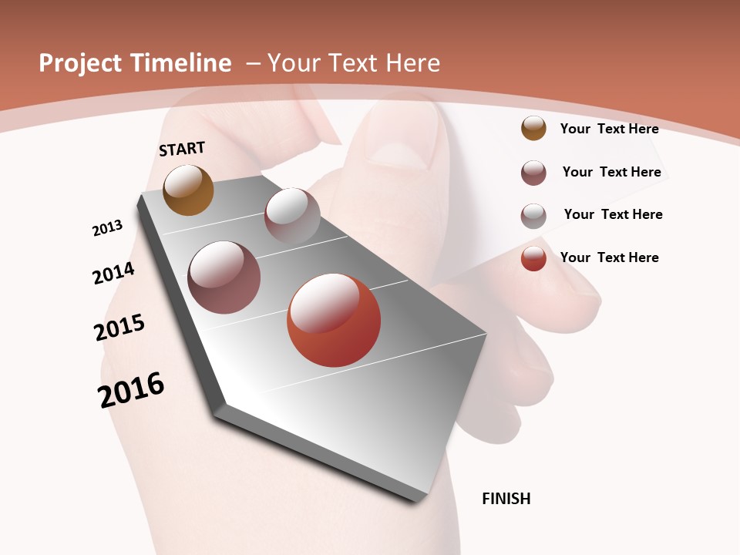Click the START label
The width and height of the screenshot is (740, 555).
[182, 149]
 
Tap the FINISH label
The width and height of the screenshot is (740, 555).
[506, 499]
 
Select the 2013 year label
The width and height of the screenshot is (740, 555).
[108, 228]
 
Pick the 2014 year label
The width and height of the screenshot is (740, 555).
[114, 274]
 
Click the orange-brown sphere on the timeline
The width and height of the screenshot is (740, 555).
[188, 190]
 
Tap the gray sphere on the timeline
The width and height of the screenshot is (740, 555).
[292, 216]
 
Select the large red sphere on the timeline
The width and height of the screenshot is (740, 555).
[334, 320]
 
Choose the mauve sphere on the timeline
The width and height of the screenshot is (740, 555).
[224, 277]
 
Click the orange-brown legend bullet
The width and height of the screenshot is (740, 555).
[533, 128]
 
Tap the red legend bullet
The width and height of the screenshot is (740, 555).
[533, 258]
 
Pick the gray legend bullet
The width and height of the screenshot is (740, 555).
[533, 216]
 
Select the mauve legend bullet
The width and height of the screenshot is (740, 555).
[533, 173]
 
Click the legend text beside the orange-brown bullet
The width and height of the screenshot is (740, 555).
[609, 129]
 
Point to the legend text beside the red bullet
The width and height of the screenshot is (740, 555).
[609, 257]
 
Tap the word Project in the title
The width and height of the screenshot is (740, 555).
[81, 63]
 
